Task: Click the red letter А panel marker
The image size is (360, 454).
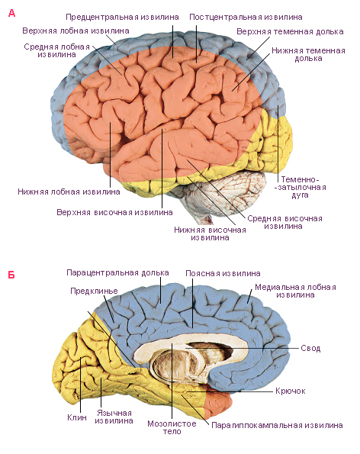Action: click(11, 13)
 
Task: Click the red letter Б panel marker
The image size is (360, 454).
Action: click(11, 275)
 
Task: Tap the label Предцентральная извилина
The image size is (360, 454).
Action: click(122, 17)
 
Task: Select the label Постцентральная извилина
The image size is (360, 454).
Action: click(246, 17)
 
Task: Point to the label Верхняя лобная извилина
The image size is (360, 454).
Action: click(76, 31)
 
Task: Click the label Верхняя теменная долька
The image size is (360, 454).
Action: click(290, 31)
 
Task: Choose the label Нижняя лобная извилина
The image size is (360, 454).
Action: click(69, 192)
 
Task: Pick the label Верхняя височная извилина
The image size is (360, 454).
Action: click(114, 212)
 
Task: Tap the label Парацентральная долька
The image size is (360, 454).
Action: click(117, 272)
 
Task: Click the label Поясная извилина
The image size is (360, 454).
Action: click(223, 273)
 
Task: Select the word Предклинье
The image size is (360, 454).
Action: click(94, 291)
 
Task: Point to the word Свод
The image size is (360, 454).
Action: click(310, 348)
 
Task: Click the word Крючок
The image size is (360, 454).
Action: click(291, 391)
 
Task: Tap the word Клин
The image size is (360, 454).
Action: click(77, 417)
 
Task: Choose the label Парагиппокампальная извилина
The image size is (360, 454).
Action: click(277, 425)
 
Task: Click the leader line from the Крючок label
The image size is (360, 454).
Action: click(230, 391)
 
